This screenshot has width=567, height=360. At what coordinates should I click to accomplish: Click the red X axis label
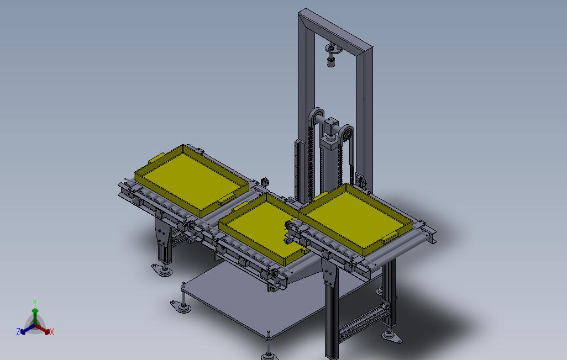pyautogui.click(x=52, y=332)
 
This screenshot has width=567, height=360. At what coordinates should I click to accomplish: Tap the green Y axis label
pyautogui.click(x=35, y=302)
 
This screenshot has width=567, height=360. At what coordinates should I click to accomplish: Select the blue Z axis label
pyautogui.click(x=18, y=331)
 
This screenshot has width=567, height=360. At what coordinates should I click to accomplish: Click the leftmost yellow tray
pyautogui.click(x=192, y=180)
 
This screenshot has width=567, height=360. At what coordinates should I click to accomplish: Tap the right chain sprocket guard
pyautogui.click(x=346, y=134)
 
